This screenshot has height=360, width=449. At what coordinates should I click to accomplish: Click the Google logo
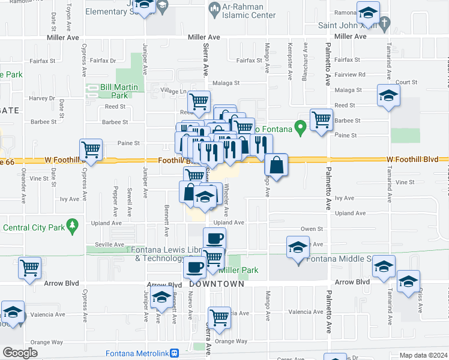coord(19,353)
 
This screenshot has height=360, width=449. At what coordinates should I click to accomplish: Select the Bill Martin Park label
coord(119,91)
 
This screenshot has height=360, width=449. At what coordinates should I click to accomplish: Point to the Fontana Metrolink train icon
coord(174,353)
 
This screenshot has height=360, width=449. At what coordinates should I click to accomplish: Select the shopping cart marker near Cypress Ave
coord(91,150)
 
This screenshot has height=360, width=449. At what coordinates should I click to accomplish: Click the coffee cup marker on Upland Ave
coord(214,239)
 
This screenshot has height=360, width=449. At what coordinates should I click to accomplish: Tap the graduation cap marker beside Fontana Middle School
coord(298,248)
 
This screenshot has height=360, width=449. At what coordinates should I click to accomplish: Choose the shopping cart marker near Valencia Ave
coord(219,317)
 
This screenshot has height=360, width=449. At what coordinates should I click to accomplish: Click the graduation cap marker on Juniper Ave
coord(161,298)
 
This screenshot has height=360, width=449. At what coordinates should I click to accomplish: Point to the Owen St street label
coord(312,229)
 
